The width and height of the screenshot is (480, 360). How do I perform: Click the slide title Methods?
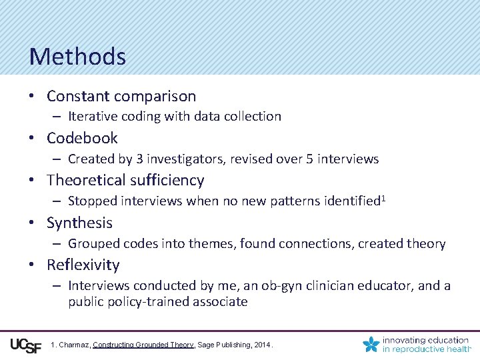click(x=77, y=57)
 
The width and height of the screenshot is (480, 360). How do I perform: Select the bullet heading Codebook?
click(x=82, y=138)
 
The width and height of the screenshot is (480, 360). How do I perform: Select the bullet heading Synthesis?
click(x=79, y=223)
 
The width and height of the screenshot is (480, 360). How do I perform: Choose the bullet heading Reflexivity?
click(x=83, y=265)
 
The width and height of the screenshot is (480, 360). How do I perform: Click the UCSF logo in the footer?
click(x=26, y=345)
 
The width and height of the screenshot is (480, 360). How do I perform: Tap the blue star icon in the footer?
click(x=371, y=344)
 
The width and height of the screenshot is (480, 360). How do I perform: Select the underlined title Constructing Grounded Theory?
click(x=143, y=345)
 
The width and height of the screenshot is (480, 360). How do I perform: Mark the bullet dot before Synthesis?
click(x=31, y=223)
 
